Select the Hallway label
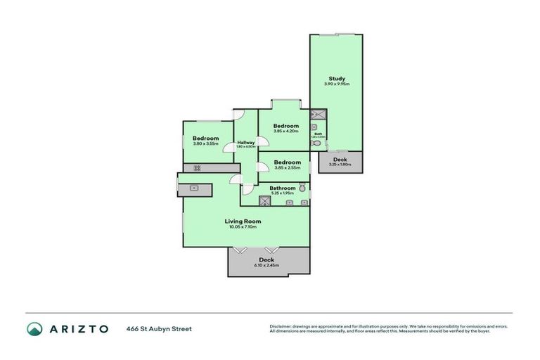pyautogui.click(x=246, y=143)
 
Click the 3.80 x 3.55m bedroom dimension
pyautogui.click(x=206, y=144)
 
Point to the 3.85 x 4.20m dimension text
pyautogui.click(x=286, y=131)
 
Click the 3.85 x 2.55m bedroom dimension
pyautogui.click(x=287, y=168)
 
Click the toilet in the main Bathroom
pyautogui.click(x=302, y=188)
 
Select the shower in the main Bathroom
pyautogui.click(x=264, y=201)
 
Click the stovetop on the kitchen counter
pyautogui.click(x=197, y=167)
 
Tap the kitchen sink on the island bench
pyautogui.click(x=193, y=188)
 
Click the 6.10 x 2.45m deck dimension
pyautogui.click(x=267, y=265)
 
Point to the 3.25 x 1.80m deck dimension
pyautogui.click(x=340, y=165)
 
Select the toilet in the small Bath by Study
pyautogui.click(x=315, y=143)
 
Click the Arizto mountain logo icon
pyautogui.click(x=34, y=328)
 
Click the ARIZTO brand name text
pyautogui.click(x=78, y=328)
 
